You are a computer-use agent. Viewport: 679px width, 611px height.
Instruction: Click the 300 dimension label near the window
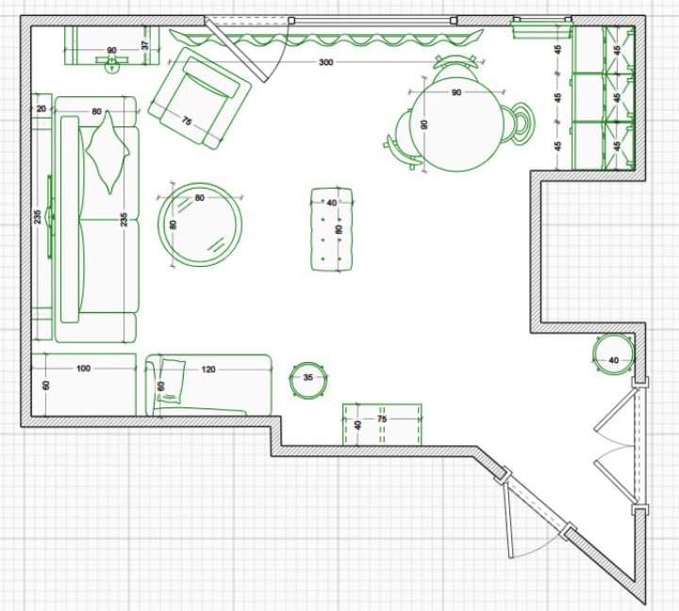coord(325,62)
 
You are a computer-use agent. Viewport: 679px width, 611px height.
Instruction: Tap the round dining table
coord(457,124)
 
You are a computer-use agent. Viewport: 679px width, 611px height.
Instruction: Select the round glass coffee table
coord(200,224)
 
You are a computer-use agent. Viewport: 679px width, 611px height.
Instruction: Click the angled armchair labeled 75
coord(200,99)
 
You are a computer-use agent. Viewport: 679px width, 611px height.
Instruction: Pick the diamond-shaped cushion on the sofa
coord(108,152)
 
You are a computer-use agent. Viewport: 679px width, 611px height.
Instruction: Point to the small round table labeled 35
coord(308,379)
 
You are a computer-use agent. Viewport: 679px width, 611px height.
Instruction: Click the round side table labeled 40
coord(613,354)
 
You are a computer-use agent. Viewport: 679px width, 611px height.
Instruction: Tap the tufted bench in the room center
coord(332,229)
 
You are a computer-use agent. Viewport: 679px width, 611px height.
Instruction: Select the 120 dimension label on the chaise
coord(208,370)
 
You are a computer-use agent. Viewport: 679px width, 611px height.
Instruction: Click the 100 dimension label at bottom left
coord(84,369)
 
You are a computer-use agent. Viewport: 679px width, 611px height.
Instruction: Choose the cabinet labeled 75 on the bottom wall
coord(382,424)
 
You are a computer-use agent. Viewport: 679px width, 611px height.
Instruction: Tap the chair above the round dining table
coord(455,68)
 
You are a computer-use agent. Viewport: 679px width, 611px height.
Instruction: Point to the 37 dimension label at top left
coord(145,44)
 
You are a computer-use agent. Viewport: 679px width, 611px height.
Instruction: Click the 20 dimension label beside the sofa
coord(41,108)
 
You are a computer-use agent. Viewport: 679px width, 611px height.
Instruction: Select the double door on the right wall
coord(621,446)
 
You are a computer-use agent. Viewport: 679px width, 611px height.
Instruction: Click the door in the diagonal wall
coord(536,511)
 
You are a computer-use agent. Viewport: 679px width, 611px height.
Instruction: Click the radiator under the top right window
coord(541,29)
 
